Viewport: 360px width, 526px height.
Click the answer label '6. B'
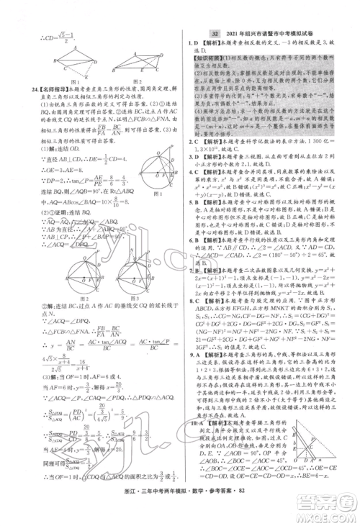pos(191,258)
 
